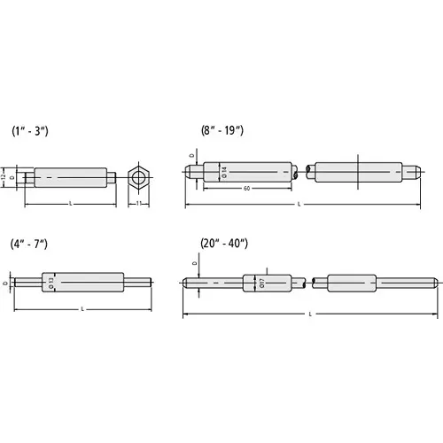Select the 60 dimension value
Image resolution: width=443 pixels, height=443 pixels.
tap(244, 189)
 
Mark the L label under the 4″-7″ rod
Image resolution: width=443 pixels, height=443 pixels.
tap(82, 309)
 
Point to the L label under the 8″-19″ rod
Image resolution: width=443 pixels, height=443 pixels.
tap(301, 206)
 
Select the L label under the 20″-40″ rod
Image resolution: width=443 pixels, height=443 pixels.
tap(309, 315)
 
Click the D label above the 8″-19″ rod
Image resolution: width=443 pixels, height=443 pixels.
tap(192, 157)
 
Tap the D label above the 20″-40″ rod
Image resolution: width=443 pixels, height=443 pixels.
tap(194, 263)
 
